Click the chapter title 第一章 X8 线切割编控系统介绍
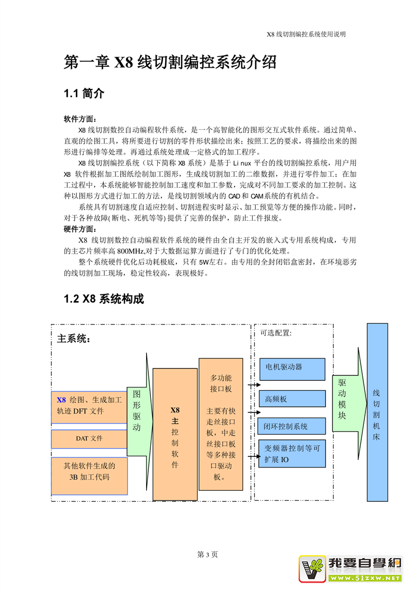click(x=170, y=62)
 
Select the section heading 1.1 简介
click(x=84, y=94)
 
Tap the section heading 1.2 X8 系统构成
click(x=104, y=299)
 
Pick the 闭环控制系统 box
click(x=291, y=426)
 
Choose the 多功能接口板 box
click(x=221, y=424)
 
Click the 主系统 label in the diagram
click(x=74, y=339)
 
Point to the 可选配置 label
click(x=276, y=333)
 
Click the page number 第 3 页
click(x=208, y=554)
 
